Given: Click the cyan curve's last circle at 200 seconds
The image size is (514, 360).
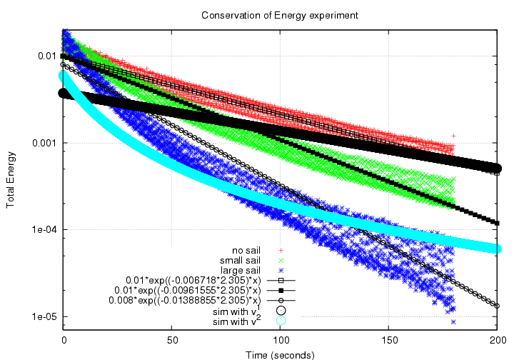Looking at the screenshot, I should (497, 249).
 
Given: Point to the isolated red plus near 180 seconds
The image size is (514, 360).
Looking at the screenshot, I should (453, 135).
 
